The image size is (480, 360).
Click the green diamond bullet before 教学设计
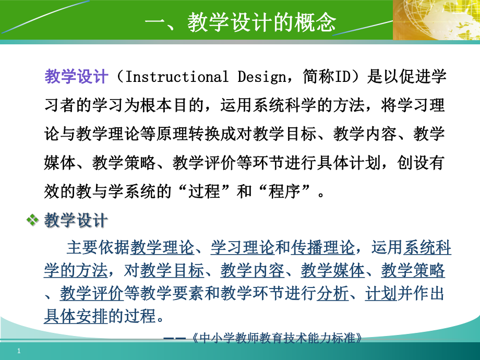tap(33, 221)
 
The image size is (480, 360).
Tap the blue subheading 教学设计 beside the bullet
tap(76, 221)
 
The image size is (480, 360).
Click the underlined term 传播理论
tap(322, 247)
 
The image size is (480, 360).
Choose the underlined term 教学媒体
tap(332, 270)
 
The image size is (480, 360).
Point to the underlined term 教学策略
tap(413, 270)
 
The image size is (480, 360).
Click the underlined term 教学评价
tap(91, 294)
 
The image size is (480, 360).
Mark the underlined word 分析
tap(332, 294)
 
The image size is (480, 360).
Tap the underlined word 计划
tap(381, 294)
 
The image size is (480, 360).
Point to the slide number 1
tap(19, 351)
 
